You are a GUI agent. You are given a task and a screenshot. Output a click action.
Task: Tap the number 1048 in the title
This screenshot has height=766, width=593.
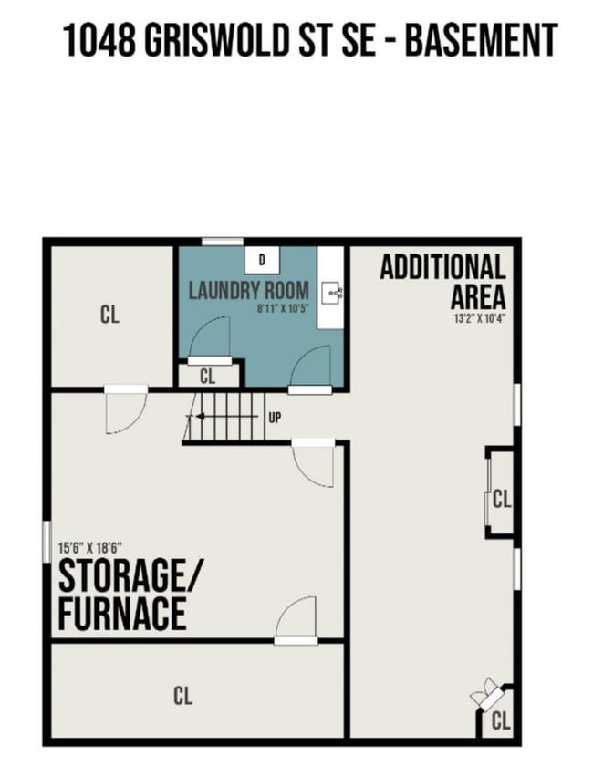click(99, 41)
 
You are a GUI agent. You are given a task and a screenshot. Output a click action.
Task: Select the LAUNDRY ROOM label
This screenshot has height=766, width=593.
click(248, 292)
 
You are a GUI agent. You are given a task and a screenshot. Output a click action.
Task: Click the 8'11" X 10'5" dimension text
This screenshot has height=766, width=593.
click(284, 309)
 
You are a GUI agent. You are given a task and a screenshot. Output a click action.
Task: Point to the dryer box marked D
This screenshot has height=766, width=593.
click(262, 260)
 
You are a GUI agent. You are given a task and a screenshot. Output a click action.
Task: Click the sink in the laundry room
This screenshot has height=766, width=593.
click(335, 293)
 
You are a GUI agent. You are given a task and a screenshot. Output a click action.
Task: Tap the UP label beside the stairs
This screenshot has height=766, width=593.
click(274, 419)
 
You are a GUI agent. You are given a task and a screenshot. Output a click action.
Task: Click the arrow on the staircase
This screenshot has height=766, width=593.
click(195, 419)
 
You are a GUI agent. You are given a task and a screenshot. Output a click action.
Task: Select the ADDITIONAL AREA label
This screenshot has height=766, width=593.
click(442, 282)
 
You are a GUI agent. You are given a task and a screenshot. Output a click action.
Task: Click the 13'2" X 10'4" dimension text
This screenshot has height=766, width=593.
click(479, 319)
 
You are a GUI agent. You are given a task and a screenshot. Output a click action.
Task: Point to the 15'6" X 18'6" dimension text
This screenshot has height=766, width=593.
click(90, 548)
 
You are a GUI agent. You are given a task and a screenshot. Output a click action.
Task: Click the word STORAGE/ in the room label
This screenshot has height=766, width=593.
click(132, 578)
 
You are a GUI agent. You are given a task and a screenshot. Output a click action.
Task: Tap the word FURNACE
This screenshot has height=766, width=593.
click(122, 614)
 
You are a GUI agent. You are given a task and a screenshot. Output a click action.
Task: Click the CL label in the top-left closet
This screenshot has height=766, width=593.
click(109, 316)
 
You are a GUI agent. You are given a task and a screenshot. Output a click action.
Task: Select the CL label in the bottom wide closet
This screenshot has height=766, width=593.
click(182, 697)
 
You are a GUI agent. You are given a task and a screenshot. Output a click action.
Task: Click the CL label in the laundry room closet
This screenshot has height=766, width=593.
click(207, 376)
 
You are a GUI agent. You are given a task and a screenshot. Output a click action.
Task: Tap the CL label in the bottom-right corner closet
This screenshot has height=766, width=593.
click(500, 722)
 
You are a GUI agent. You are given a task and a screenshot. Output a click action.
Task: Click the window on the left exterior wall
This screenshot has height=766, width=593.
click(46, 541)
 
